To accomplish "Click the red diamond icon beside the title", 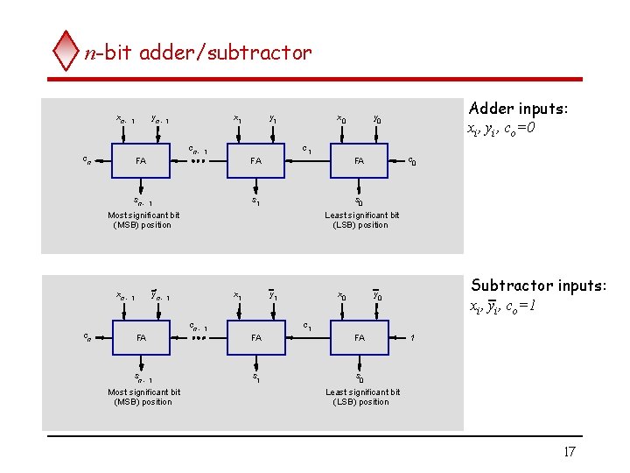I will click(x=66, y=52).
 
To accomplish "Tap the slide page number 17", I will click(x=569, y=452).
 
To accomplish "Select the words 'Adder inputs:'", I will click(x=518, y=109).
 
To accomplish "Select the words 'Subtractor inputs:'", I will click(x=538, y=285).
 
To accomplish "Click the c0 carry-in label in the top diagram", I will click(x=412, y=161).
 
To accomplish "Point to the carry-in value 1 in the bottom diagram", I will click(x=412, y=337).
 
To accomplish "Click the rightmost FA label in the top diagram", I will click(x=359, y=161).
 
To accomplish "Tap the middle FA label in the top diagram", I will click(x=255, y=161).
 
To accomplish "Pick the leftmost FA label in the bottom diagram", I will click(x=140, y=337).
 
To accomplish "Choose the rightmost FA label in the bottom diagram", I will click(x=359, y=337).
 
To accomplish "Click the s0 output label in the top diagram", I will click(x=359, y=201).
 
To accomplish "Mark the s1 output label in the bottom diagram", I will click(x=255, y=378).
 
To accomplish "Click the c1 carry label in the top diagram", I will click(x=307, y=149).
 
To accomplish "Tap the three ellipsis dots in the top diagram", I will click(x=199, y=162).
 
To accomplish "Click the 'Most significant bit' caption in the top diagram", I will click(x=143, y=215).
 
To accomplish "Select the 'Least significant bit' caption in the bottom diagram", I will click(x=362, y=392).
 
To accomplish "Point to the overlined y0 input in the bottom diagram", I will click(x=377, y=295).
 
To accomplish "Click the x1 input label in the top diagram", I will click(x=237, y=119).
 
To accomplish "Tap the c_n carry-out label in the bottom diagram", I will click(x=85, y=336).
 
